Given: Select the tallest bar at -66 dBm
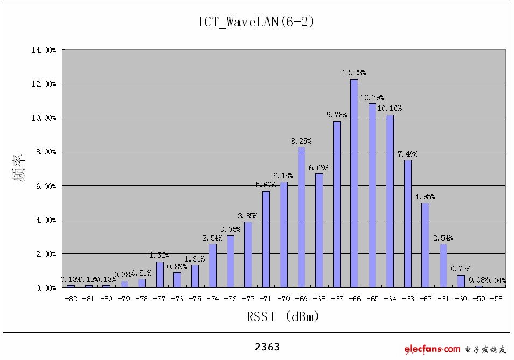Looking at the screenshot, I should [x=354, y=183].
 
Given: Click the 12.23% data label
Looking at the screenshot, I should [x=354, y=73].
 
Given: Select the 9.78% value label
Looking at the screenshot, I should [x=336, y=114].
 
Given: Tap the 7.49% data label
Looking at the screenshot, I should [x=407, y=154].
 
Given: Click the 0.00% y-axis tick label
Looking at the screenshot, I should [x=46, y=288].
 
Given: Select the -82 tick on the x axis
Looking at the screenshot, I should [x=71, y=298].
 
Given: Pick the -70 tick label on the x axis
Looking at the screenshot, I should [x=284, y=298].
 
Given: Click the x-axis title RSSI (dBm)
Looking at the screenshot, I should [x=283, y=317].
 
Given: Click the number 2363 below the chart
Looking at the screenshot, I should [x=267, y=347].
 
